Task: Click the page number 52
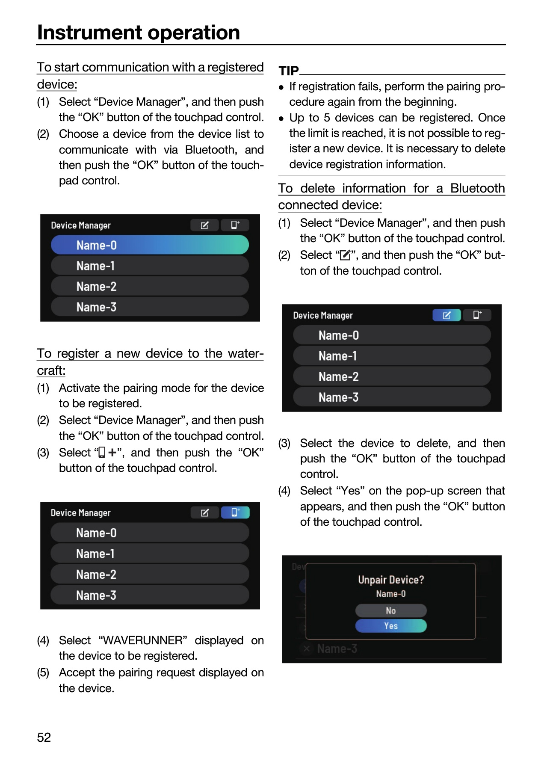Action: pyautogui.click(x=44, y=737)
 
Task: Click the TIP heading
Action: pyautogui.click(x=289, y=71)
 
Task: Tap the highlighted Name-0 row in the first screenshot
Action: pyautogui.click(x=150, y=245)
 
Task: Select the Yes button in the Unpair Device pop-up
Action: pyautogui.click(x=391, y=626)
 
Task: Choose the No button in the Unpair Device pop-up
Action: pyautogui.click(x=391, y=610)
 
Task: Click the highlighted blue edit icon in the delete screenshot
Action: pyautogui.click(x=446, y=315)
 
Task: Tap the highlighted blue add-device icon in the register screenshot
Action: pyautogui.click(x=235, y=512)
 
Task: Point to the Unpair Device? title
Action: pyautogui.click(x=391, y=580)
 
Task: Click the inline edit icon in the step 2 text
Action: pyautogui.click(x=345, y=255)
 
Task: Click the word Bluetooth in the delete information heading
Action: pyautogui.click(x=478, y=188)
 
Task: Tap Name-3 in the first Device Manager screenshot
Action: pyautogui.click(x=96, y=307)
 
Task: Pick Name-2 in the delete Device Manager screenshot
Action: pyautogui.click(x=338, y=376)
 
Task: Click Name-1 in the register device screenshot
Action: pyautogui.click(x=95, y=554)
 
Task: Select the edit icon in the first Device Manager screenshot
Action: pyautogui.click(x=204, y=225)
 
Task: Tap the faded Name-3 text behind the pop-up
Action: pyautogui.click(x=337, y=649)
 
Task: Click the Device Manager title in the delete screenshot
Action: pyautogui.click(x=323, y=315)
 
